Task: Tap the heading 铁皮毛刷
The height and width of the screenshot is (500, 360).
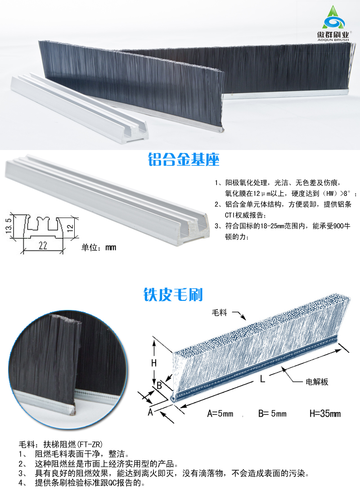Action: [173, 295]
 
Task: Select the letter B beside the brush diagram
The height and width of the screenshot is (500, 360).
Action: [159, 385]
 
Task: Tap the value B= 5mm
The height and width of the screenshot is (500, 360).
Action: [272, 414]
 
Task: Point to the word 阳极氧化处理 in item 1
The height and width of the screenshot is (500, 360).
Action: [245, 183]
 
